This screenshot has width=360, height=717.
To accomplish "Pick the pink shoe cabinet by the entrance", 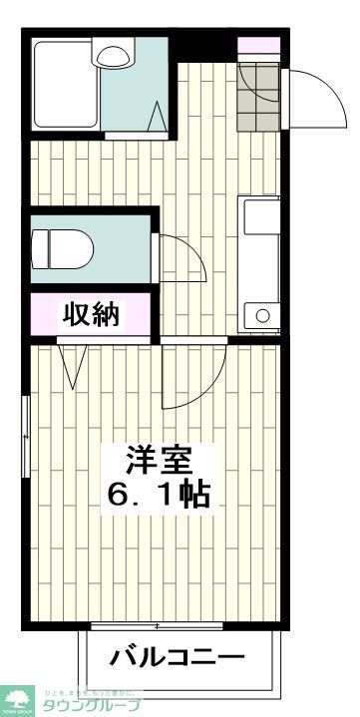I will [258, 45].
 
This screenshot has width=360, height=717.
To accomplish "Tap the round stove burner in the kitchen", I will [262, 316].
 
